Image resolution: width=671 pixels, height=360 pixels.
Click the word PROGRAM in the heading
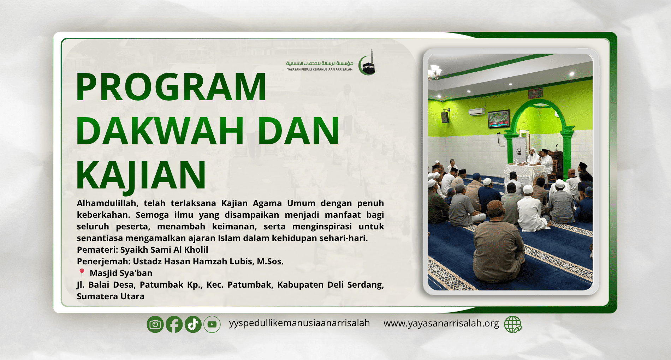171,87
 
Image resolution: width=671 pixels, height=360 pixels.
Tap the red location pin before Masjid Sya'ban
82,273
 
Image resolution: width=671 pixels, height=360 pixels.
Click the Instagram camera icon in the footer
155,324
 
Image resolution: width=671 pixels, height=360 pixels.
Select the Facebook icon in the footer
174,324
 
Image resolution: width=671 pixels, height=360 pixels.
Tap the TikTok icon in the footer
193,324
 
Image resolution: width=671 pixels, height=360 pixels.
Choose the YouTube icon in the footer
212,324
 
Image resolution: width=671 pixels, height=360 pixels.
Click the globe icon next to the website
513,324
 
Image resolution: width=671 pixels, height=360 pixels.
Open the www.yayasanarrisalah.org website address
441,323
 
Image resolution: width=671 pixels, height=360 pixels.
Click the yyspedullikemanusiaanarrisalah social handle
299,323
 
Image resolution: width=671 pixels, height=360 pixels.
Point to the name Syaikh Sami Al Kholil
164,250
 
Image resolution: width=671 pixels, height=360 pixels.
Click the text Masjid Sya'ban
121,273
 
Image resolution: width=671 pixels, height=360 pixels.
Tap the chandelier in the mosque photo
434,72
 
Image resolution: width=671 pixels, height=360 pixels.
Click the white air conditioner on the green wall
477,112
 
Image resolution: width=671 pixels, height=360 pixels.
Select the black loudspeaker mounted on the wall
445,117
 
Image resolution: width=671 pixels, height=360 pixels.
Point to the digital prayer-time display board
499,119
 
